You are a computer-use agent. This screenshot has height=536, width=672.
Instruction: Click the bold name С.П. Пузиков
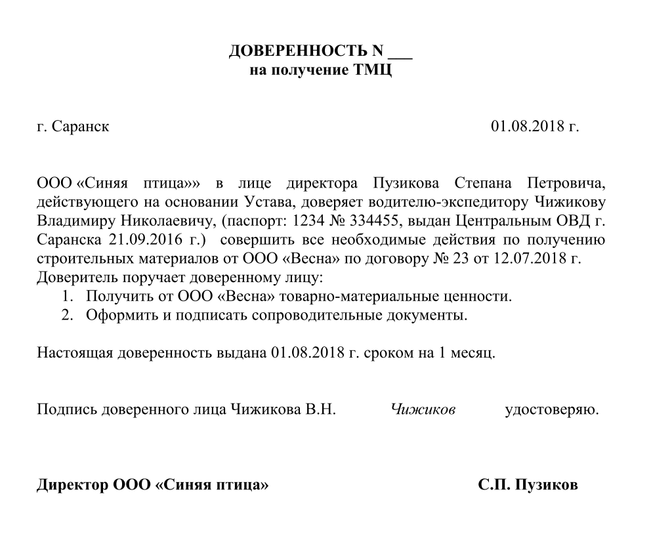coord(528,485)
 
